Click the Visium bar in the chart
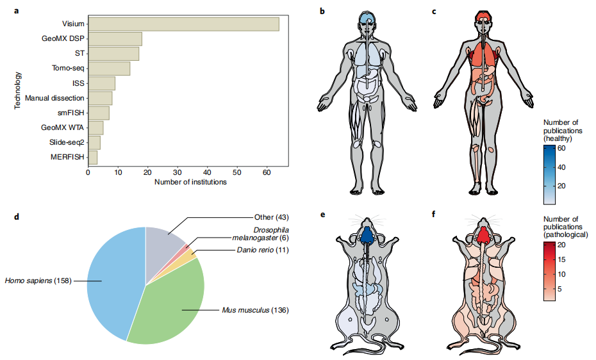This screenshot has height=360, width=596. (183, 24)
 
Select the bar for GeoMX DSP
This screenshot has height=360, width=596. (115, 39)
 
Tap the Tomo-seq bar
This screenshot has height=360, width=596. (109, 69)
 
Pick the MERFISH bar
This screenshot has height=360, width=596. (92, 157)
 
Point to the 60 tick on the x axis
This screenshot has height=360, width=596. (266, 172)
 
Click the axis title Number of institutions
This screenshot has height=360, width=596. (190, 182)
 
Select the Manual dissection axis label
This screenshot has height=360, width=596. (54, 98)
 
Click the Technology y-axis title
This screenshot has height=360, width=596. (19, 90)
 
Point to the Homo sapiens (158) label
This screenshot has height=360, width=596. (40, 280)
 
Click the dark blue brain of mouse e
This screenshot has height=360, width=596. (366, 236)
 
